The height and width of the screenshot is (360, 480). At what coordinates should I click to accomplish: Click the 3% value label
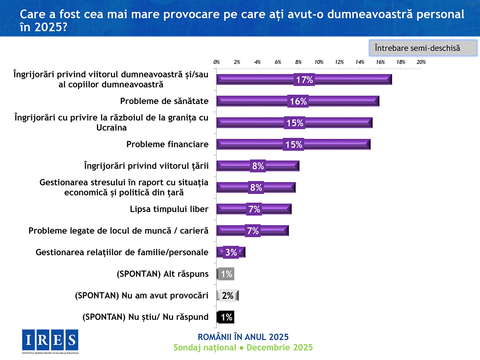coord(231,252)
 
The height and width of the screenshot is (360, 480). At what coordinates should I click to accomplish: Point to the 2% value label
coord(228,296)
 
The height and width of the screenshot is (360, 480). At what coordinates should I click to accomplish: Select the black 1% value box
coord(226,317)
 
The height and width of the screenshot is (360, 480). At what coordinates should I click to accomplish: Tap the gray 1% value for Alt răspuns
coord(226,274)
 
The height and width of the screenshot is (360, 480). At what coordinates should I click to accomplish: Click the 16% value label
coord(298,101)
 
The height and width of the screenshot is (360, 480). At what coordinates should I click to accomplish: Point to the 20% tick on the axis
coord(421,62)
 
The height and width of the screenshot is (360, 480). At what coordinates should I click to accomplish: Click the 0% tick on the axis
coord(216,62)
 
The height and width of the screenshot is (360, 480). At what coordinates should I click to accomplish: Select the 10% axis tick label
coord(319,62)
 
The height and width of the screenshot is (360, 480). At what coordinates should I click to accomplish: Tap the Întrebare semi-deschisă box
coord(423,48)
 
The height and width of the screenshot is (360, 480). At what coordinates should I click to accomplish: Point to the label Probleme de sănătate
coord(164,101)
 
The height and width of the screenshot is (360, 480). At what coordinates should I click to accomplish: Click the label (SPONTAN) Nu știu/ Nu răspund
coord(146,317)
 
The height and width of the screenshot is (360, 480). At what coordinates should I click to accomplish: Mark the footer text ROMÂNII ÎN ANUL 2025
coord(243,336)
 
